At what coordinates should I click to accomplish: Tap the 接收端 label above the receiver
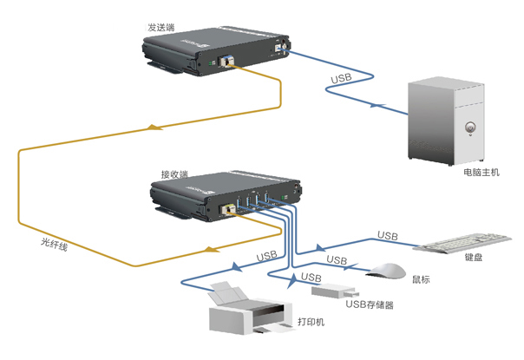pyautogui.click(x=176, y=173)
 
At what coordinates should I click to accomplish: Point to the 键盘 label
pyautogui.click(x=474, y=257)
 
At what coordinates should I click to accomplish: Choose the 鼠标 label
pyautogui.click(x=422, y=278)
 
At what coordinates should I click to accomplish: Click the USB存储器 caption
pyautogui.click(x=370, y=304)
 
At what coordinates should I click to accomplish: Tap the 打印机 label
pyautogui.click(x=311, y=322)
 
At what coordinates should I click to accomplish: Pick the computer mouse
pyautogui.click(x=386, y=271)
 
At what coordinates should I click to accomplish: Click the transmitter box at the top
pyautogui.click(x=217, y=51)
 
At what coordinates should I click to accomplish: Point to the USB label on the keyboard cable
pyautogui.click(x=387, y=236)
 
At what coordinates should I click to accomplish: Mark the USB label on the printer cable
pyautogui.click(x=267, y=256)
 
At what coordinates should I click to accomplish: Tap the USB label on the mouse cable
pyautogui.click(x=337, y=259)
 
